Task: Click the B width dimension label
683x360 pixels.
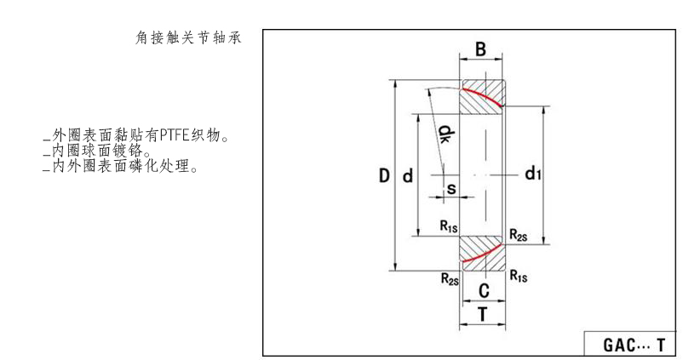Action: coord(480,50)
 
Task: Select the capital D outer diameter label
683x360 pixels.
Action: coord(384,176)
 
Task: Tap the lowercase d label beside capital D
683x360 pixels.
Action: coord(407,176)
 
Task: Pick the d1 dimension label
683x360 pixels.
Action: coord(533,174)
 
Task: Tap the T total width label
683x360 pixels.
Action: coord(482,314)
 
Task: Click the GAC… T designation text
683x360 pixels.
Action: coord(633,346)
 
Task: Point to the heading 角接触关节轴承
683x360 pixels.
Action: coord(189,37)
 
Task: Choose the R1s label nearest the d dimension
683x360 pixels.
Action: coord(449,226)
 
